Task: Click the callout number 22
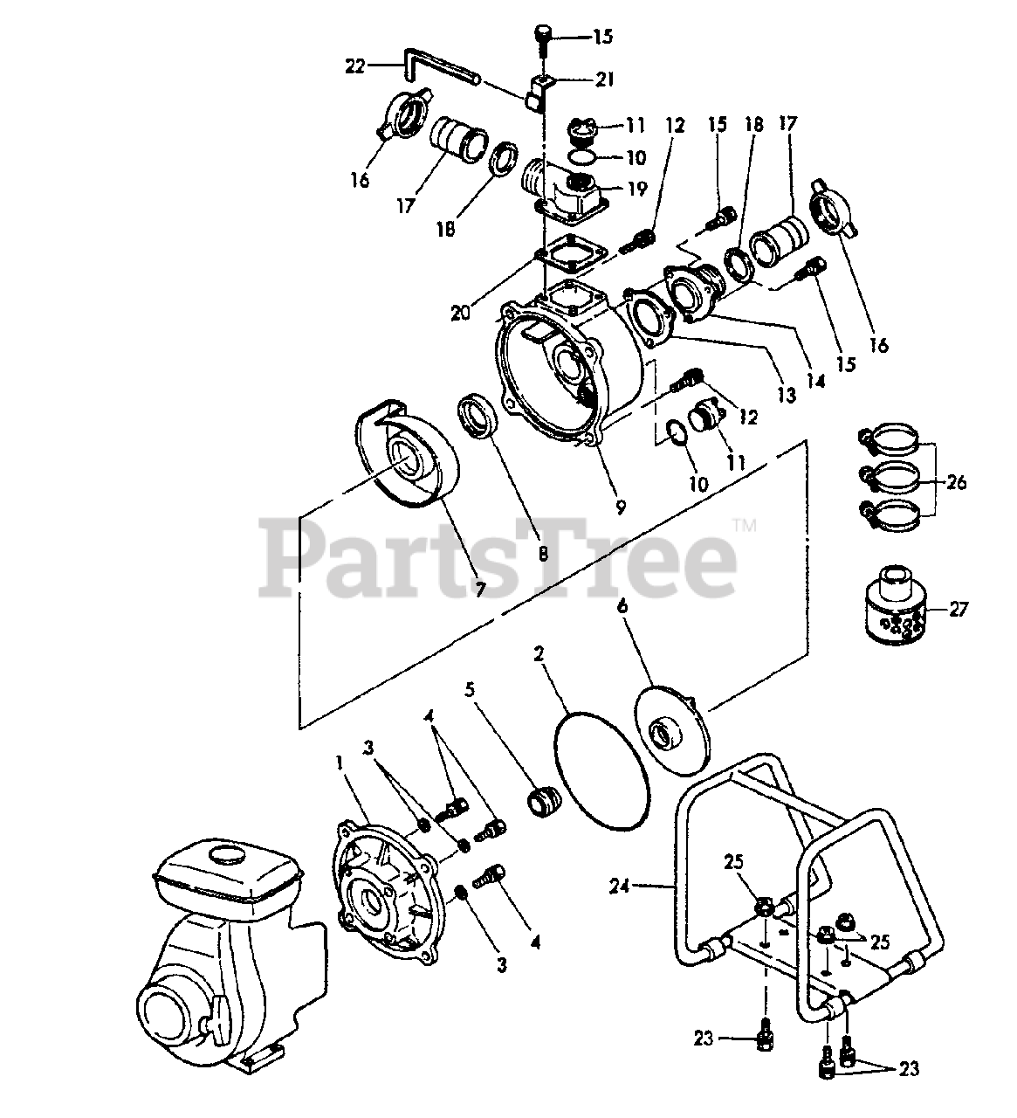tap(354, 66)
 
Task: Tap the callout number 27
tap(958, 609)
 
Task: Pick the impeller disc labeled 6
tap(672, 731)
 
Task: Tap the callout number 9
tap(621, 506)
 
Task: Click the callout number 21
tap(604, 79)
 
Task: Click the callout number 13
tap(787, 395)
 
